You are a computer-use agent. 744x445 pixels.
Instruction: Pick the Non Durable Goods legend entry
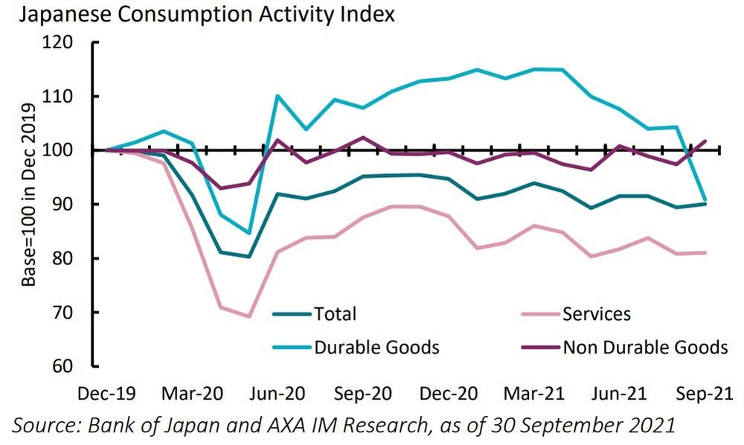pos(644,347)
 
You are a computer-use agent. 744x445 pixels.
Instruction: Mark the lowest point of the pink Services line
pos(248,316)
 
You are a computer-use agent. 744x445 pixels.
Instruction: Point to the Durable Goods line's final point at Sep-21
pos(705,199)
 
